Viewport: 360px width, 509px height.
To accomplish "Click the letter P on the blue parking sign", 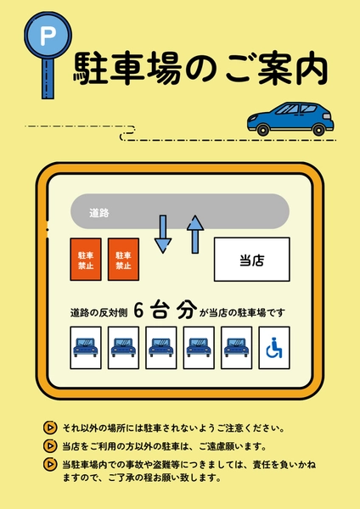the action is (x=48, y=36).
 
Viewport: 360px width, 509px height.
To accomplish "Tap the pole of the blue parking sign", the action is (x=48, y=79).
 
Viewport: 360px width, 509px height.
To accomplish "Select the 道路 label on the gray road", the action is (x=99, y=213).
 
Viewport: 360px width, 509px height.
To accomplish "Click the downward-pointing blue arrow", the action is (x=163, y=234).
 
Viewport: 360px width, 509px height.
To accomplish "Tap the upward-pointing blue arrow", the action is (x=195, y=234).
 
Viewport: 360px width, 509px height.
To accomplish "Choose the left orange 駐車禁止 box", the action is (x=86, y=259).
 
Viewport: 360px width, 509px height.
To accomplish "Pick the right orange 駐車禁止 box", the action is (x=123, y=259).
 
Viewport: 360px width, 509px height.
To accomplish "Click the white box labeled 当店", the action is (x=252, y=260).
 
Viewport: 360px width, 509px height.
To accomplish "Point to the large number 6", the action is (x=138, y=310).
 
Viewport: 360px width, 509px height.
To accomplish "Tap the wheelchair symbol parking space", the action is (x=274, y=348).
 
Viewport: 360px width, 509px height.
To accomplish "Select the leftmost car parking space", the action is (x=86, y=348).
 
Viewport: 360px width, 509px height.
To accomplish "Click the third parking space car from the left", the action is (x=161, y=348).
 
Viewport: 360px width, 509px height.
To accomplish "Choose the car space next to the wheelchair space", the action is (x=237, y=348).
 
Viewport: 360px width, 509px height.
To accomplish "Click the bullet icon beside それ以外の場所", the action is (x=50, y=428).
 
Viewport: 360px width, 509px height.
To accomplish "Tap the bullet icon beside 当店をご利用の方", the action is (x=50, y=446).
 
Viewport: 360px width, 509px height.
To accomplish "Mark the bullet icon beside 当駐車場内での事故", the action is (x=50, y=464).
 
